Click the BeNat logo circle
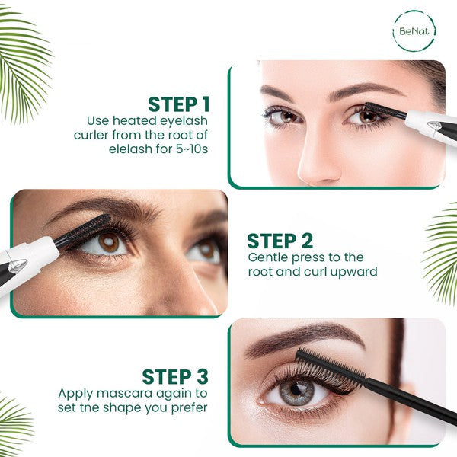(x=415, y=30)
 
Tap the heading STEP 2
(x=280, y=241)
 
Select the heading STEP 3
(x=174, y=376)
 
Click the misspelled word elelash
(x=133, y=149)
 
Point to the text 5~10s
(x=188, y=149)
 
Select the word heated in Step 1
(x=136, y=120)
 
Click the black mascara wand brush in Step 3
(x=328, y=370)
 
